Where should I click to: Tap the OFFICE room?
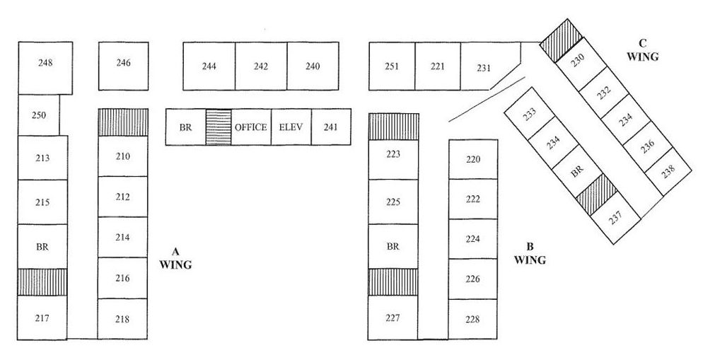(250, 127)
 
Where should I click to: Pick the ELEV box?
(291, 127)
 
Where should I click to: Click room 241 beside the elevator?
(330, 127)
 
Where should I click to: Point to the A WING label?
(175, 258)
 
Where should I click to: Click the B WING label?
(530, 253)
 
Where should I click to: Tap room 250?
(39, 115)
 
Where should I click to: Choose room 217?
(42, 318)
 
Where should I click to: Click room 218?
(122, 319)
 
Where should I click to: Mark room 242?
(260, 66)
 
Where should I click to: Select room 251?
(392, 66)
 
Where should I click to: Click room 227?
(393, 318)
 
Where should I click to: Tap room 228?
(473, 319)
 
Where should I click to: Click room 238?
(668, 170)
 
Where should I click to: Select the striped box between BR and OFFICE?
(218, 127)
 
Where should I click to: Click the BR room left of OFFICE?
(185, 127)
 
